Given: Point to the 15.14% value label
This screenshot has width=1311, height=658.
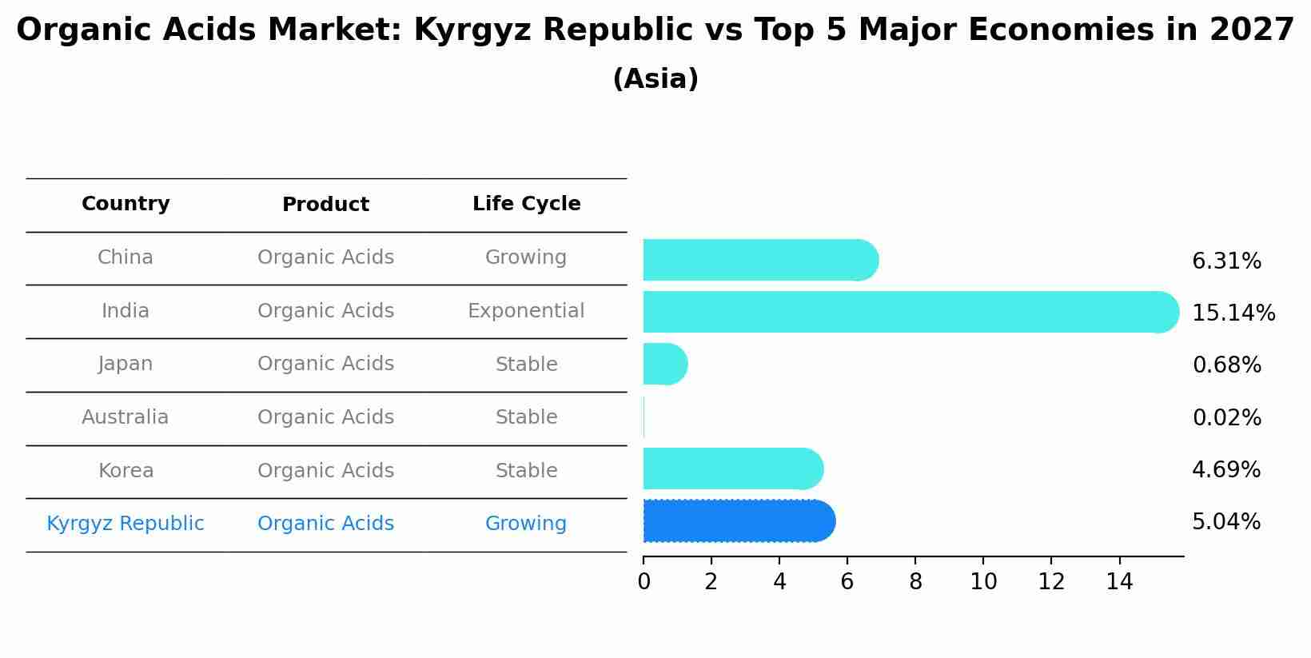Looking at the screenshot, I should tap(1233, 313).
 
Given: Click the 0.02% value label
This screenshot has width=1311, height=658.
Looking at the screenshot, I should tap(1226, 418).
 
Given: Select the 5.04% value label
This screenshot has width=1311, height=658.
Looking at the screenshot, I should tap(1225, 522).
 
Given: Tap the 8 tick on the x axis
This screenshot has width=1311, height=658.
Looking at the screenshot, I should tap(915, 582).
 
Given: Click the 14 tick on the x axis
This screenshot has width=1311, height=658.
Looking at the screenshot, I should tap(1119, 582).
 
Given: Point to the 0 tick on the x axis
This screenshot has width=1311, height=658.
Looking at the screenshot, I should tap(644, 582).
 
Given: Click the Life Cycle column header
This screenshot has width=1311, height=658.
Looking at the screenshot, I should tap(526, 204).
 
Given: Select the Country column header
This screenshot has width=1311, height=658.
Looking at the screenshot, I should tap(126, 204).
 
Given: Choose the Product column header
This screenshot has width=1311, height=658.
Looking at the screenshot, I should tap(325, 205).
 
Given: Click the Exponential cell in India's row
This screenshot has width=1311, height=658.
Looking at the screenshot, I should tap(526, 311).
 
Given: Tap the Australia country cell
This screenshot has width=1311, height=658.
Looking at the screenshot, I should tap(126, 417).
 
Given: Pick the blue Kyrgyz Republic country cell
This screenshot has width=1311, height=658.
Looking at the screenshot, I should tap(126, 524).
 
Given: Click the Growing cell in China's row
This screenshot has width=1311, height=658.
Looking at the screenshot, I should tap(526, 257).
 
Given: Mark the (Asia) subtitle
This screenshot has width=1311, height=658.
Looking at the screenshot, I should tap(655, 79).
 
